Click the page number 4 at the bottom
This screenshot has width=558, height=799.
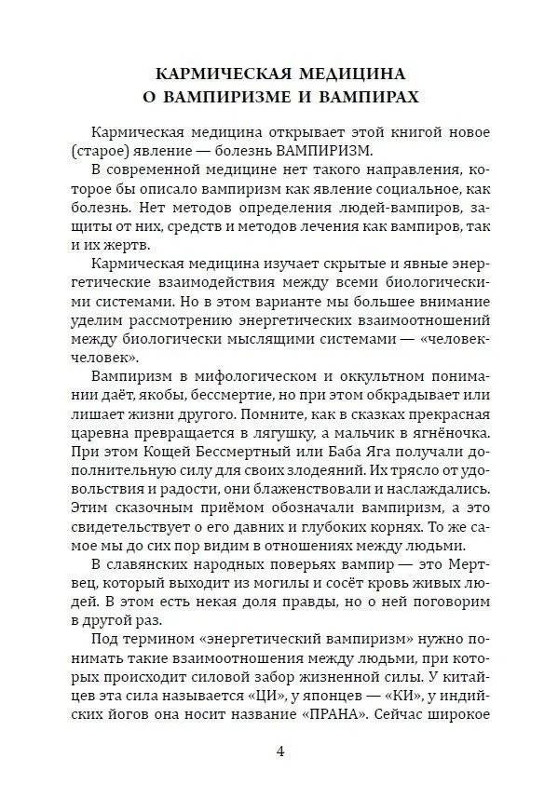[279, 752]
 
